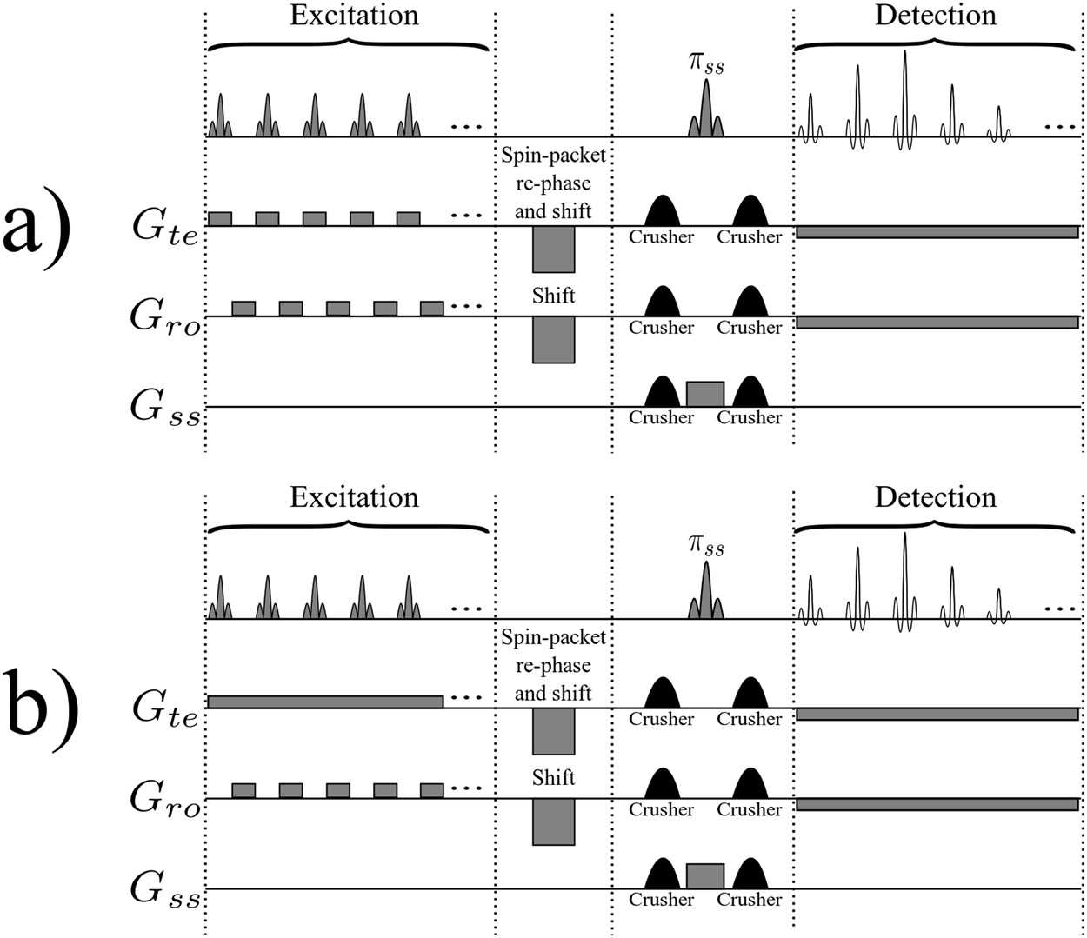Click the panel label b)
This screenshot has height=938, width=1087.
pos(43,709)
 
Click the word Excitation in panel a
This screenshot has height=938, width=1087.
pos(354,16)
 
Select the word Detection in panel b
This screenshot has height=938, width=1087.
pos(935,497)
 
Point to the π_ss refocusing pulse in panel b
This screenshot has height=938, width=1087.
pos(705,591)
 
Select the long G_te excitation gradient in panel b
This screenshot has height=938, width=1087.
pos(325,702)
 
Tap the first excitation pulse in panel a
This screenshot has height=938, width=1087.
pos(220,117)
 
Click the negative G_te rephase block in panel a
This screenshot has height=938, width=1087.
pos(553,249)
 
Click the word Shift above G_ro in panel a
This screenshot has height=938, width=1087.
pos(553,296)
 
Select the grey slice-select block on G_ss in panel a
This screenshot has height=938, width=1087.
pos(704,394)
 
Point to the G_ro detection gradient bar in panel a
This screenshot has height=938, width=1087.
pos(937,322)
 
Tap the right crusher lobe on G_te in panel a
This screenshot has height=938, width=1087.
pos(750,211)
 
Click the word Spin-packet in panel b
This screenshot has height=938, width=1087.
pos(553,637)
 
